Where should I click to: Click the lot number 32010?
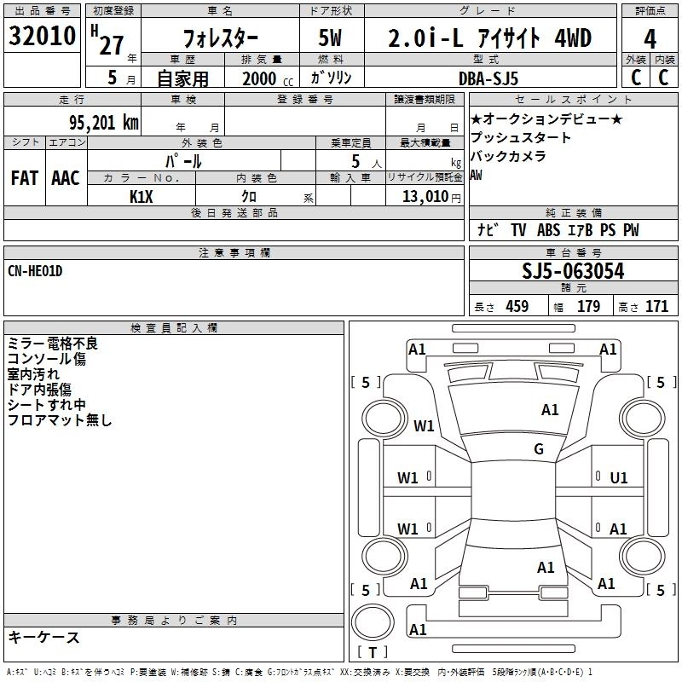point(42,36)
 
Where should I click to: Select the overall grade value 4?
point(650,39)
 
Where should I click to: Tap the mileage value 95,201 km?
point(103,123)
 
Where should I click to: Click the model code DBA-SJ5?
point(488,78)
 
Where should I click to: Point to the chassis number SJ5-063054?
point(573,271)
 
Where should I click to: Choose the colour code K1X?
point(142,197)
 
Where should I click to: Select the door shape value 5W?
point(330,38)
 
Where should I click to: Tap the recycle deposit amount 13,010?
point(425,197)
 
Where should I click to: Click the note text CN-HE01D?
point(35,271)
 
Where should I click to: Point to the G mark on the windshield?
point(539,448)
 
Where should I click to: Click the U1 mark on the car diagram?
point(619,478)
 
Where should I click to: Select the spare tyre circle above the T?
point(373,622)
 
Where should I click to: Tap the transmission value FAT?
point(25,178)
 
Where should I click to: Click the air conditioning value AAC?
point(66,178)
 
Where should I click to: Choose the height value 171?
point(656,307)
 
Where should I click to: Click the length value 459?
point(517,307)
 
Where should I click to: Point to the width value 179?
point(588,307)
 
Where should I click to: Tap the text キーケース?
point(44,638)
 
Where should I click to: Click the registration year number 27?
point(112,45)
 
